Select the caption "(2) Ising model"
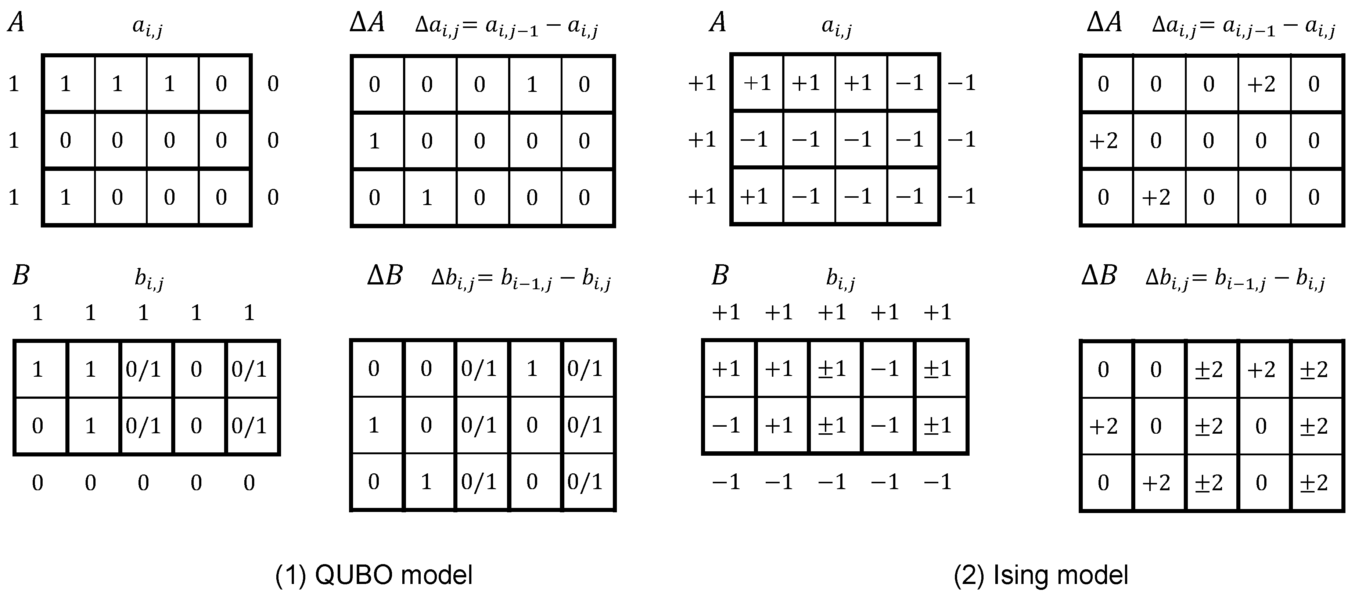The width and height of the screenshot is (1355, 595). [1040, 575]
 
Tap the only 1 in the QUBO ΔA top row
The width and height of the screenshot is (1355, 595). [532, 84]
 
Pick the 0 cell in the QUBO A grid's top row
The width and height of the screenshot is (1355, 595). [222, 84]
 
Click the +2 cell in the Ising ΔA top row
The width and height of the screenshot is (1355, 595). [1261, 84]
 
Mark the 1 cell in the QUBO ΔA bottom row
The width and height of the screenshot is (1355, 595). [427, 198]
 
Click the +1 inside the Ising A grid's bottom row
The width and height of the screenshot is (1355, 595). [754, 197]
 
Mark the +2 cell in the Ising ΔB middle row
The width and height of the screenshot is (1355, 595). [1103, 426]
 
